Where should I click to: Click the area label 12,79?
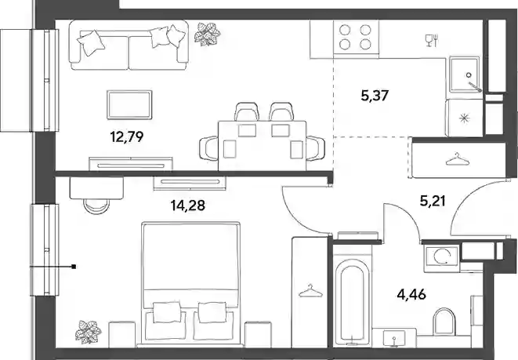point(127,136)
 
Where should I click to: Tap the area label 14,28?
point(187,205)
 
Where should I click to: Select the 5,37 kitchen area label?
point(375,96)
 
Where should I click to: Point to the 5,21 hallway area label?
point(433,201)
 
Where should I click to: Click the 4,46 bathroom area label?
point(411,294)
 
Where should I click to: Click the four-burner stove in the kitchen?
point(356,37)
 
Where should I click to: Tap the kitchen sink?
point(464,75)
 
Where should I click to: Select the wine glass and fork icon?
point(432,40)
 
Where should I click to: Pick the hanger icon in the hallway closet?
point(457,159)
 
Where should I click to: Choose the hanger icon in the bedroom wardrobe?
point(310,291)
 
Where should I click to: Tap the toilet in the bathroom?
point(444,322)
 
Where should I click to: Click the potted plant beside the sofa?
point(207,34)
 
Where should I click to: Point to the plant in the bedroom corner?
point(88,332)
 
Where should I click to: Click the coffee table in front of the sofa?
point(129,104)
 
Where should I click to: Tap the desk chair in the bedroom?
point(96,206)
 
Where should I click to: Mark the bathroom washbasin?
point(393,337)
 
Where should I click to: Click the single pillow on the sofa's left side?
point(91,43)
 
